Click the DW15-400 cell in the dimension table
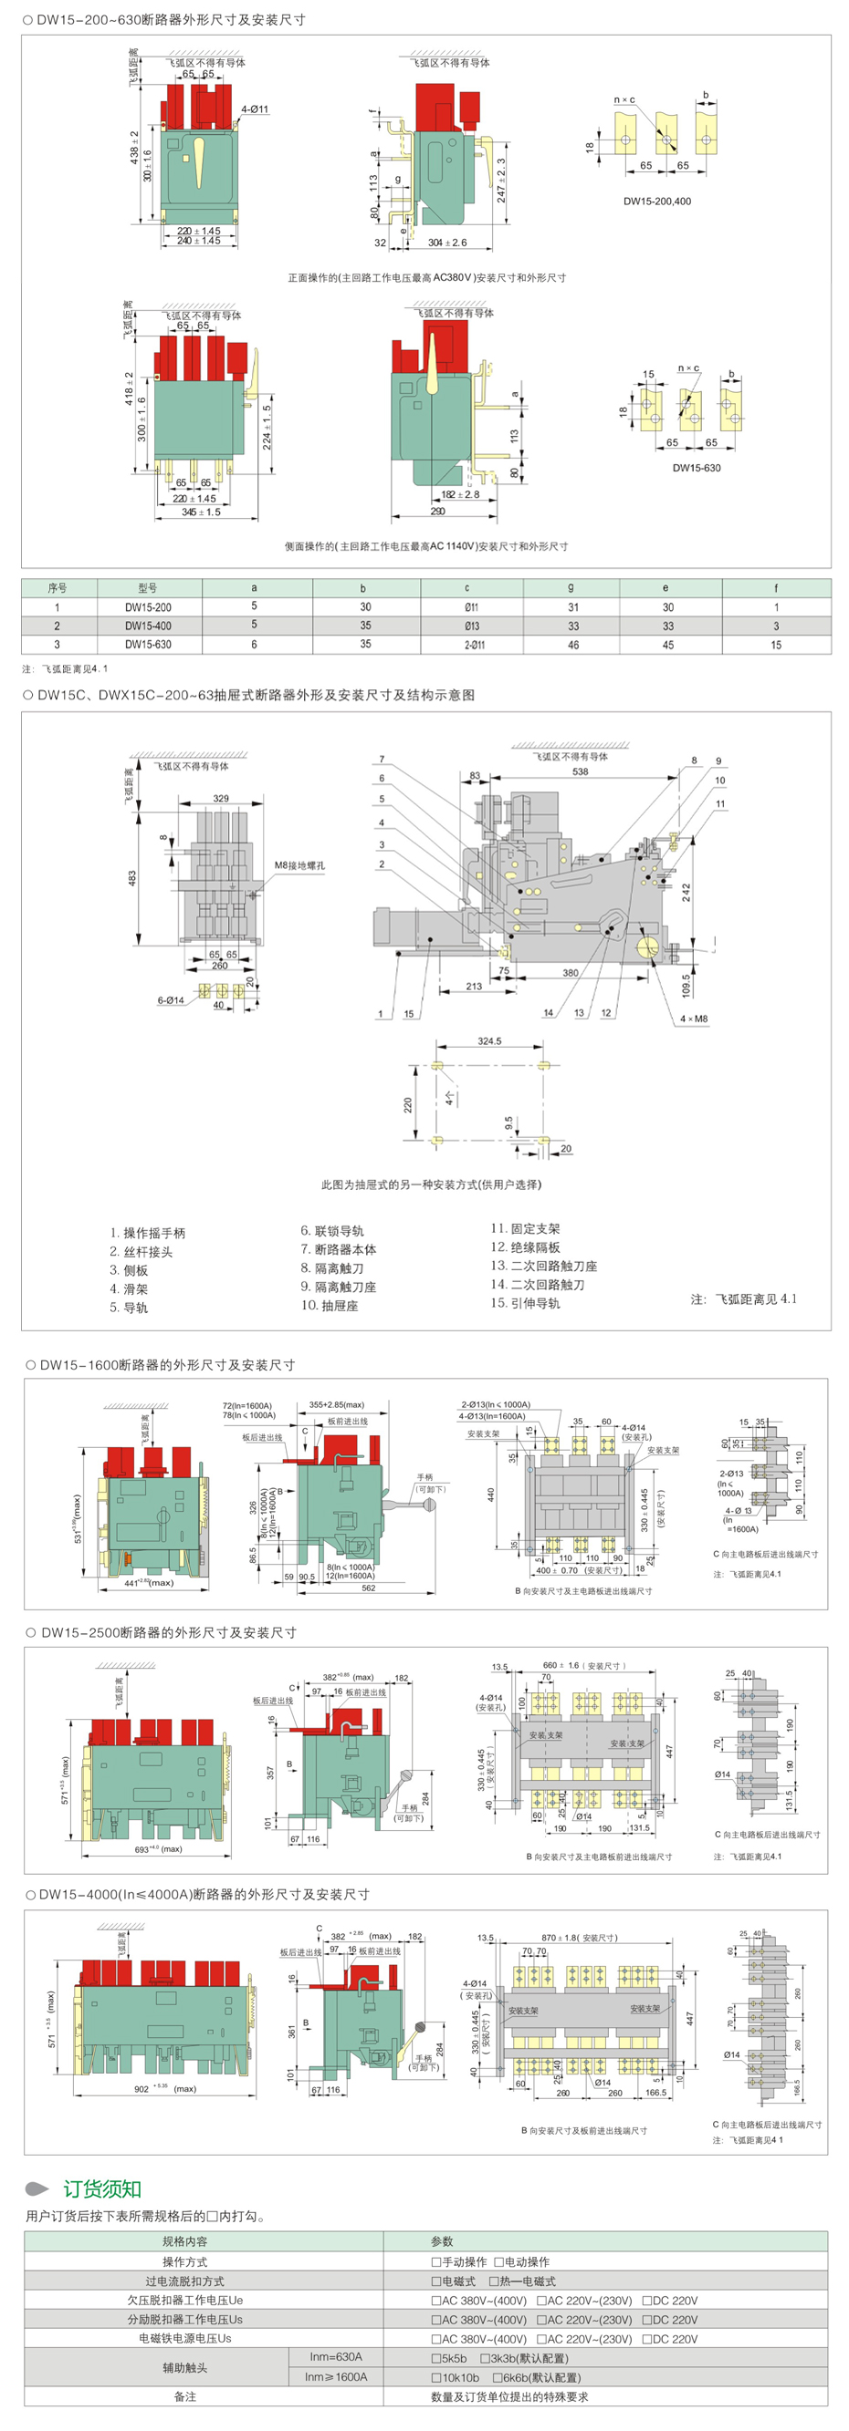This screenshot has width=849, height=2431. (x=148, y=626)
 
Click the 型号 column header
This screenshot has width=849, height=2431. (x=147, y=588)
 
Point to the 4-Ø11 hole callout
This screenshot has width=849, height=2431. (x=254, y=109)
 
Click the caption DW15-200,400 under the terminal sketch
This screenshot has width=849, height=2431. (x=656, y=201)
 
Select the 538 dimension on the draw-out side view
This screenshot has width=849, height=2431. (x=580, y=771)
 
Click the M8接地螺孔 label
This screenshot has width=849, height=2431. (x=299, y=864)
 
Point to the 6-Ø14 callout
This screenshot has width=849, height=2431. (x=170, y=1000)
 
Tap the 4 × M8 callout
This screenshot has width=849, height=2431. (x=693, y=1019)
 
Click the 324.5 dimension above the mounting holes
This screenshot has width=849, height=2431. (x=489, y=1041)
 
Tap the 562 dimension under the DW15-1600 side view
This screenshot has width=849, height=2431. (x=368, y=1588)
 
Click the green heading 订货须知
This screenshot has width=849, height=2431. (x=102, y=2189)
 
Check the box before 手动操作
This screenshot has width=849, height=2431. (x=436, y=2262)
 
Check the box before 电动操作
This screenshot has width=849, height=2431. (x=498, y=2262)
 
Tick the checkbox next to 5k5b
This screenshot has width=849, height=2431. (x=436, y=2358)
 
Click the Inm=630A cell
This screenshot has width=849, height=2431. (x=335, y=2357)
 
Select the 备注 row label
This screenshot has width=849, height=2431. (x=185, y=2396)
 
